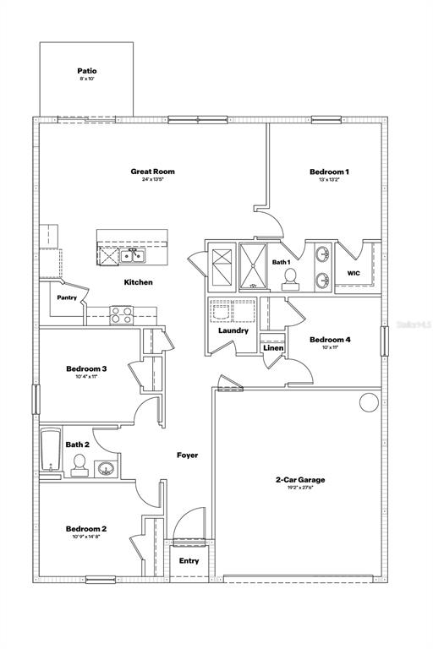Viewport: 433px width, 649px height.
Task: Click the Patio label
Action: pyautogui.click(x=87, y=72)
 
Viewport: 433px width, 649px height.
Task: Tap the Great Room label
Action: pyautogui.click(x=152, y=172)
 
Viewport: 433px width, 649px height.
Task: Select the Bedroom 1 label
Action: pyautogui.click(x=329, y=172)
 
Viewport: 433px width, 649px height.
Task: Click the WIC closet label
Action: pyautogui.click(x=354, y=273)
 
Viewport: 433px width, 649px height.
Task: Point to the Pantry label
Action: pyautogui.click(x=67, y=297)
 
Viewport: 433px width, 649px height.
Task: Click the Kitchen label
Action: pyautogui.click(x=139, y=282)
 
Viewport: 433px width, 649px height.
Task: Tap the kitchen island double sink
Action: pyautogui.click(x=133, y=256)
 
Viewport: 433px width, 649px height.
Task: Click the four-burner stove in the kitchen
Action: pyautogui.click(x=121, y=314)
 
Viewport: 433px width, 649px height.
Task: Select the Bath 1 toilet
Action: pyautogui.click(x=289, y=276)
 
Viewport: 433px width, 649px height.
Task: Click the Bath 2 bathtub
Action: pyautogui.click(x=47, y=451)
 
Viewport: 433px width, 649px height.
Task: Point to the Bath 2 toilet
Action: pyautogui.click(x=79, y=465)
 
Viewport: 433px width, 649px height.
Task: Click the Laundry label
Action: pyautogui.click(x=233, y=330)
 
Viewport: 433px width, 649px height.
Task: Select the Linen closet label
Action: pyautogui.click(x=272, y=347)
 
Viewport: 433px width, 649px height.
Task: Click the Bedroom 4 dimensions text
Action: pyautogui.click(x=329, y=347)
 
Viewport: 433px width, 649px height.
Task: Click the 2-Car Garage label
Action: pyautogui.click(x=300, y=479)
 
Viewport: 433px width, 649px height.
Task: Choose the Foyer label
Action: pyautogui.click(x=187, y=455)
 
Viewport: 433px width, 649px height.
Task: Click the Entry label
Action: pyautogui.click(x=189, y=560)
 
